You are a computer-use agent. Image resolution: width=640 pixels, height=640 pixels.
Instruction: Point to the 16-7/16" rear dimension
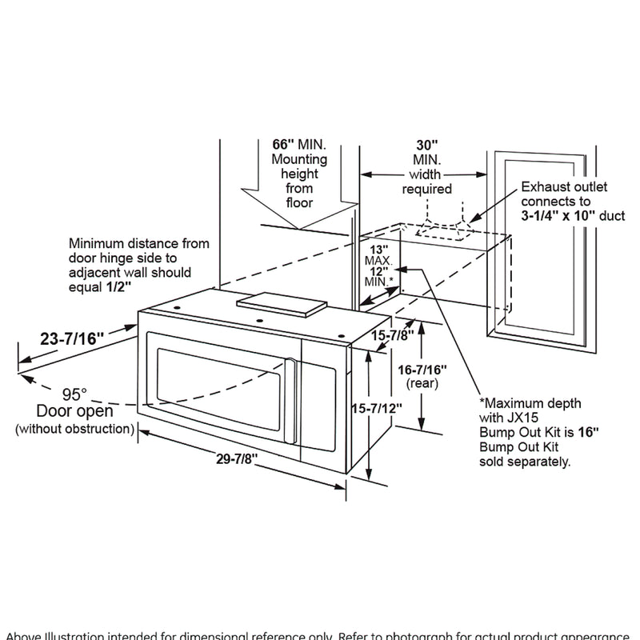point(420,370)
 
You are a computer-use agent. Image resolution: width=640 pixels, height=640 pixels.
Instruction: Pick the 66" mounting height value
point(284,145)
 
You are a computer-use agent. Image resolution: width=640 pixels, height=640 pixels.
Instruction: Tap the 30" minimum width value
point(427,145)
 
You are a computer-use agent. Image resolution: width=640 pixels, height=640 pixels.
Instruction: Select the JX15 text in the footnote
point(522,418)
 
